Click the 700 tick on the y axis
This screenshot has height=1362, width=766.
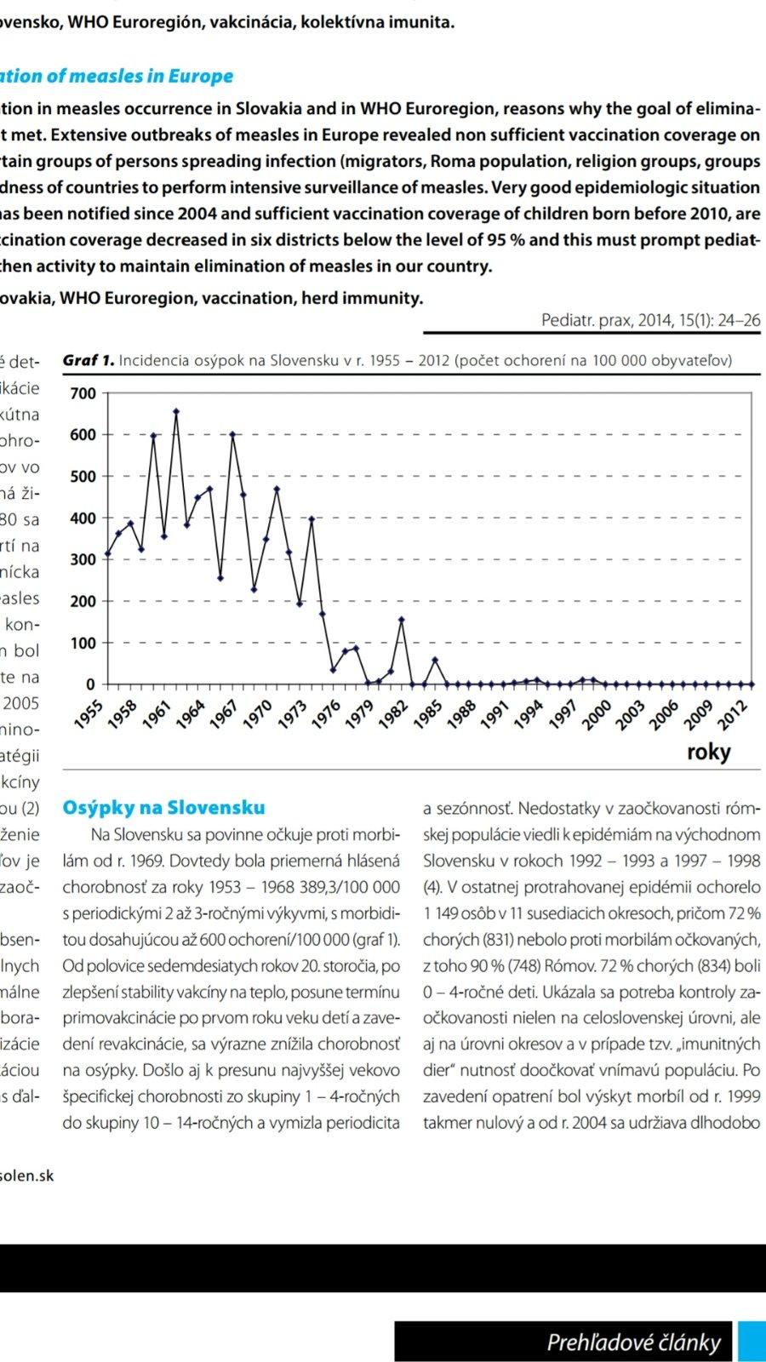pyautogui.click(x=83, y=393)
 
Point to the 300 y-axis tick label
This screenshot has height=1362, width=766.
pyautogui.click(x=83, y=559)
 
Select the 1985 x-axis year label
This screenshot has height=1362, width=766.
pyautogui.click(x=430, y=713)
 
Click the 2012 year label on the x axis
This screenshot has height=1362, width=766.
pyautogui.click(x=733, y=713)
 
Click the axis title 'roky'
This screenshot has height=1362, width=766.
pyautogui.click(x=708, y=752)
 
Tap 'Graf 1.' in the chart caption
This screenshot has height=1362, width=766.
pyautogui.click(x=88, y=360)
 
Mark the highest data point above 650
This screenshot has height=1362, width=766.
pyautogui.click(x=176, y=411)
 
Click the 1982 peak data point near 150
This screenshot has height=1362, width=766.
pyautogui.click(x=402, y=620)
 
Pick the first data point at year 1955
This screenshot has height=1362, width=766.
pyautogui.click(x=108, y=554)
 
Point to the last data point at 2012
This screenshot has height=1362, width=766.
pyautogui.click(x=750, y=684)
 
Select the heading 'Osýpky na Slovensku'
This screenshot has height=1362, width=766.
pyautogui.click(x=163, y=808)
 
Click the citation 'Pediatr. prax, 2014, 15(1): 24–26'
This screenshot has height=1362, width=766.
pyautogui.click(x=650, y=320)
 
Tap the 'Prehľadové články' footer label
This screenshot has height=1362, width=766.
pyautogui.click(x=633, y=1342)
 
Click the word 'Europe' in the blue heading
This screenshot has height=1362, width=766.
pyautogui.click(x=200, y=76)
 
